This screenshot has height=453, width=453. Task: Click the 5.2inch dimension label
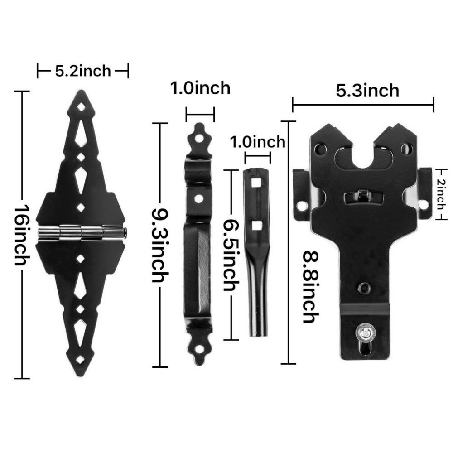click(x=83, y=71)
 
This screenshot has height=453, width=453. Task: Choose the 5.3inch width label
click(x=367, y=91)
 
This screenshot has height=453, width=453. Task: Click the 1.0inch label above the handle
click(x=200, y=88)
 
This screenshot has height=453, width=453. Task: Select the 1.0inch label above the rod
click(x=257, y=142)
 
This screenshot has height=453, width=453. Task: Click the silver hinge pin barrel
click(x=82, y=232)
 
